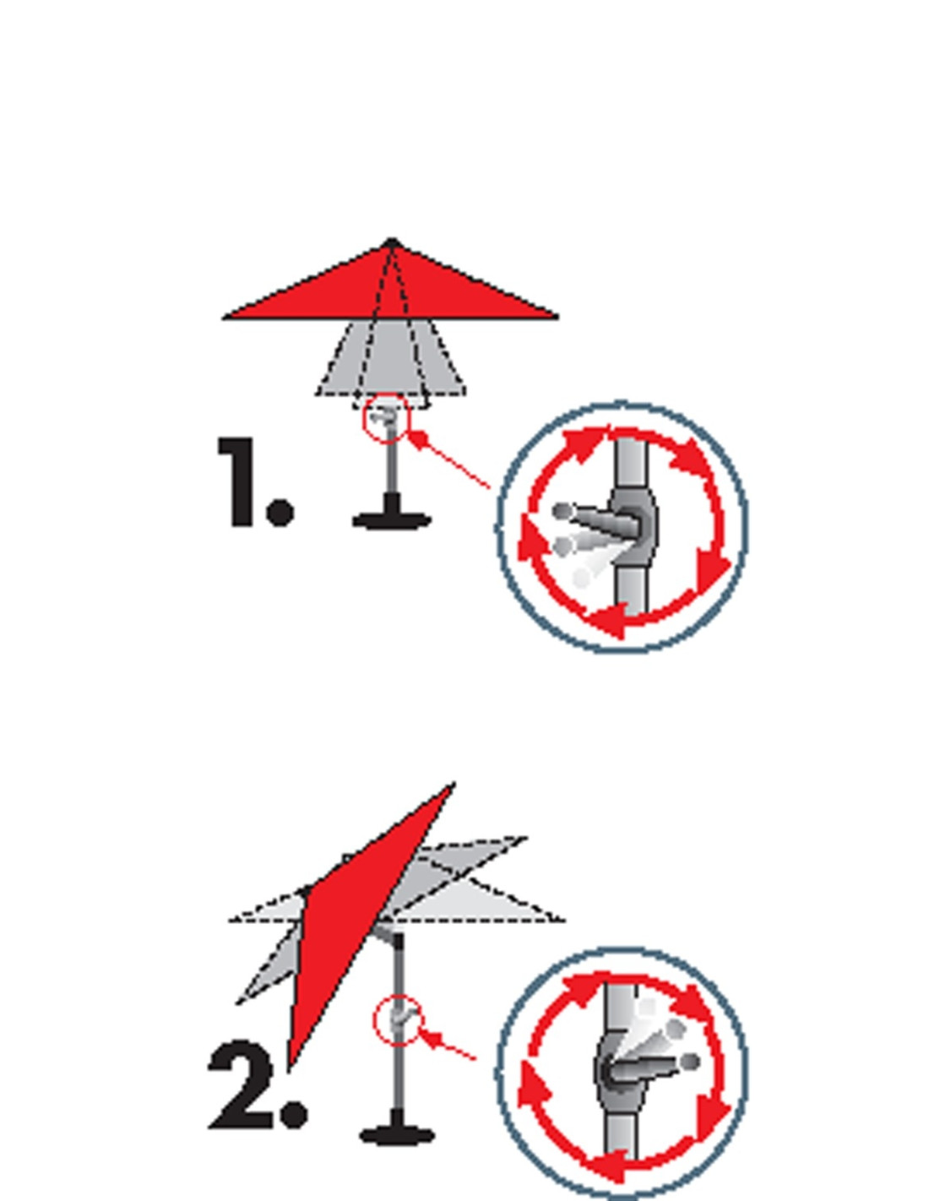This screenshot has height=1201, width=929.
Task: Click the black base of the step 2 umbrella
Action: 397,1125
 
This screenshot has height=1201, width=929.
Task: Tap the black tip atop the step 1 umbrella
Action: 392,243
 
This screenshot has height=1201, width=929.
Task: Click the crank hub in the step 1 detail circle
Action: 636,522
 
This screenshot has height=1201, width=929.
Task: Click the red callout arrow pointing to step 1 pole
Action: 448,458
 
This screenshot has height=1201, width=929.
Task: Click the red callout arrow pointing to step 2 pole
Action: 447,1046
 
